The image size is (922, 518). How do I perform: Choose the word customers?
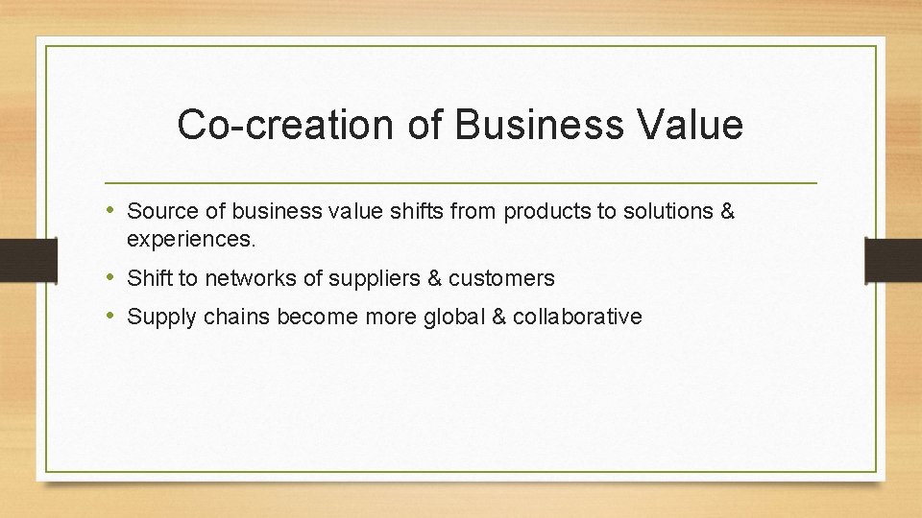pyautogui.click(x=501, y=279)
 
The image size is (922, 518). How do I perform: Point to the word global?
pyautogui.click(x=451, y=318)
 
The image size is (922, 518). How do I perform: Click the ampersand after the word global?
pyautogui.click(x=497, y=318)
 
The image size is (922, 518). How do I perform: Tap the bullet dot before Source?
pyautogui.click(x=113, y=210)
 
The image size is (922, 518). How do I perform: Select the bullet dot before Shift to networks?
pyautogui.click(x=113, y=278)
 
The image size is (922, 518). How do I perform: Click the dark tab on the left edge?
pyautogui.click(x=16, y=259)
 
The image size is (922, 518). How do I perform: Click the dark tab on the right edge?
pyautogui.click(x=894, y=259)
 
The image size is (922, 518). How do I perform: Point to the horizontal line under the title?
pyautogui.click(x=461, y=182)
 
